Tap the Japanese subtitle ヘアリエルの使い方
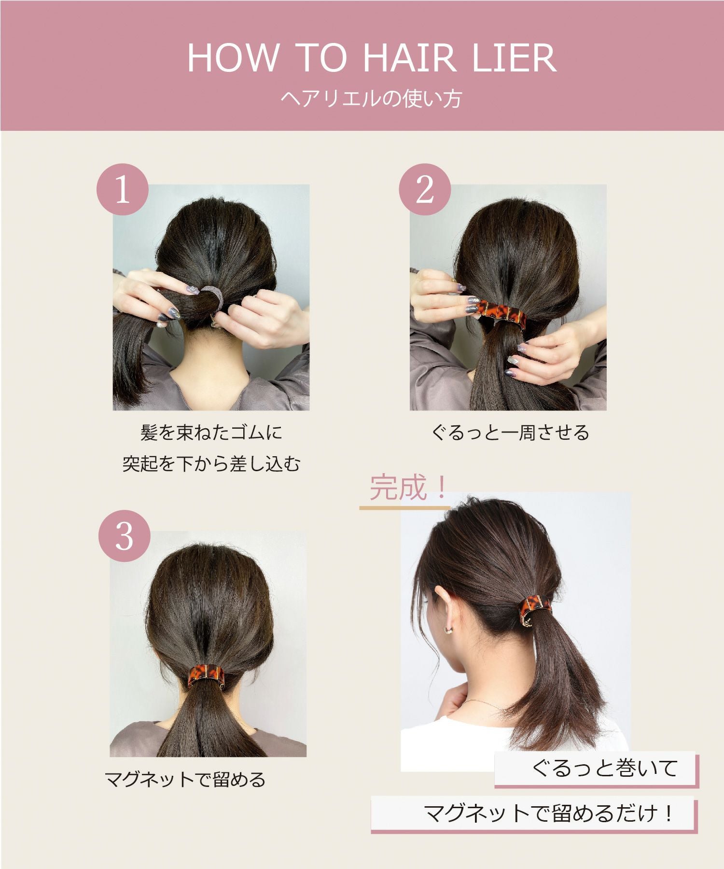point(371,99)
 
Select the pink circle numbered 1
point(122,190)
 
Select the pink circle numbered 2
point(424,190)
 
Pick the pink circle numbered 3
point(124,535)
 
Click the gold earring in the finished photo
point(448,630)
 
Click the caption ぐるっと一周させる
point(510,433)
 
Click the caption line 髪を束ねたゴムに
point(211,433)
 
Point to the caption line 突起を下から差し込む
point(211,464)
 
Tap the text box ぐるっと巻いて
point(604,768)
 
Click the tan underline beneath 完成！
point(404,508)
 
